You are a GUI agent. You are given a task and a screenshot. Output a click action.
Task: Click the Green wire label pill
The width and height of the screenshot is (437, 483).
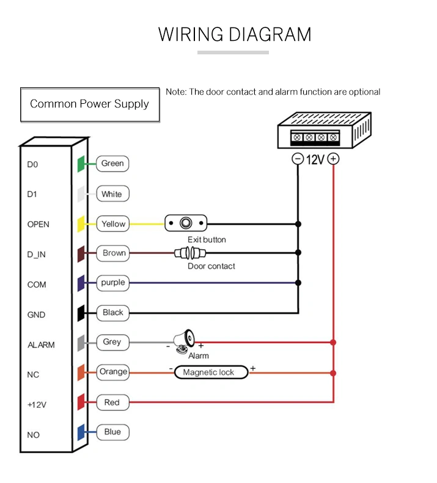(x=112, y=164)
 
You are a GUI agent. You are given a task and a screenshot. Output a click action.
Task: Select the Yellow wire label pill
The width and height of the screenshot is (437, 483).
(x=113, y=223)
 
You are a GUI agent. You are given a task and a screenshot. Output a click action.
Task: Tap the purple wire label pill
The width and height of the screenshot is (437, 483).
(x=112, y=283)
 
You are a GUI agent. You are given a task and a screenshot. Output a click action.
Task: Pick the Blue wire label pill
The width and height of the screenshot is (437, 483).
(x=112, y=432)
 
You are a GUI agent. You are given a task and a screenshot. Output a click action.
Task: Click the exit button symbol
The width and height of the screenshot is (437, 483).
(x=186, y=223)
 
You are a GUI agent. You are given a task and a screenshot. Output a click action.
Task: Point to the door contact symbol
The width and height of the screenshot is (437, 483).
(x=190, y=253)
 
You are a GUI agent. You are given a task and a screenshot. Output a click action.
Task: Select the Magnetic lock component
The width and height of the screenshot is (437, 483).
(x=211, y=372)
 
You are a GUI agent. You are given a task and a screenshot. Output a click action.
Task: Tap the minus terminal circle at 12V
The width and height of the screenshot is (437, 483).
(x=298, y=159)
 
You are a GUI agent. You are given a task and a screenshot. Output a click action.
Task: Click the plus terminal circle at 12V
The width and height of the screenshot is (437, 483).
(x=333, y=159)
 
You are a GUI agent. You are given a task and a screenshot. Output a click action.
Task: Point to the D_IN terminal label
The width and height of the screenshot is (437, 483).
(x=37, y=255)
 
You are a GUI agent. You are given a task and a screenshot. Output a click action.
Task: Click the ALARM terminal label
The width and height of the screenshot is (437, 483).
(x=41, y=345)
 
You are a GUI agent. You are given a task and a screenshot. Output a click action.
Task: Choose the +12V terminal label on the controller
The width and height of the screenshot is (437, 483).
(x=37, y=405)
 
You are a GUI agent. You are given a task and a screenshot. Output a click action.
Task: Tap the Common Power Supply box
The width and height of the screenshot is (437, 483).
(x=90, y=105)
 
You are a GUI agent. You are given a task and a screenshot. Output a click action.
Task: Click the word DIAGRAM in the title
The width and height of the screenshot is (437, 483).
(x=271, y=34)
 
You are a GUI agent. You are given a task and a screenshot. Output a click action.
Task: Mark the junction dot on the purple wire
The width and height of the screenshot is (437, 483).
(x=298, y=283)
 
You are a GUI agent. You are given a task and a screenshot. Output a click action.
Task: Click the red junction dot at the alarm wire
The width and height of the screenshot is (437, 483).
(x=333, y=342)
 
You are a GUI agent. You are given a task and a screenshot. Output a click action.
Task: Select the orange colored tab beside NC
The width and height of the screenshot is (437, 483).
(x=81, y=372)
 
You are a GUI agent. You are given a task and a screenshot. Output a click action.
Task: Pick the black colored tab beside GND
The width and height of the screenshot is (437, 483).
(x=81, y=313)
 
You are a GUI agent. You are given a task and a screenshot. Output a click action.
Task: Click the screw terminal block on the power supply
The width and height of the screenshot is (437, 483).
(x=315, y=137)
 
